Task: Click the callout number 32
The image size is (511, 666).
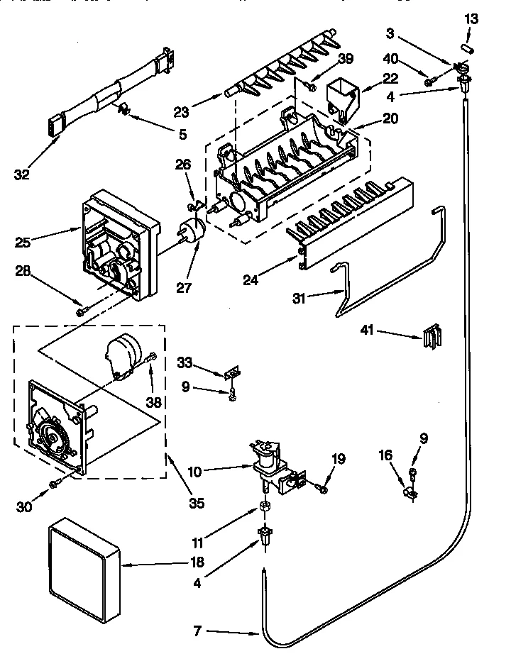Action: tap(22, 174)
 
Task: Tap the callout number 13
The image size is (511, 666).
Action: tap(471, 19)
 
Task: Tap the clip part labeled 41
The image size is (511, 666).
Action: tap(432, 337)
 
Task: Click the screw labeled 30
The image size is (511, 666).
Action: tap(55, 484)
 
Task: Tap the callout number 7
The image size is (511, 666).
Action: tap(197, 631)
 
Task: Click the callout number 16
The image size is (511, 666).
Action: tap(385, 455)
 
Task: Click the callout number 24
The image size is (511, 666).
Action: tap(251, 280)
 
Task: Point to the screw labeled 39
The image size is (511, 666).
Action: tap(311, 87)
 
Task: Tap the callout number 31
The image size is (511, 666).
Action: tap(300, 299)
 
